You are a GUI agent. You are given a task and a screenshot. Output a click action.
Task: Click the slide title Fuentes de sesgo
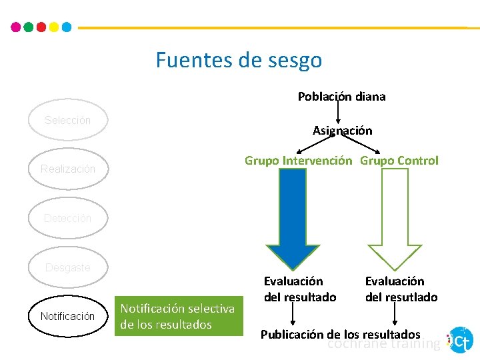(x=239, y=60)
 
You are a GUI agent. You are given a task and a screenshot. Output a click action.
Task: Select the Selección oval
(x=67, y=121)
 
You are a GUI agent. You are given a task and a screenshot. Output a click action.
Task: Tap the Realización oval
(x=67, y=169)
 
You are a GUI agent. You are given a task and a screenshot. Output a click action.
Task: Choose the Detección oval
(x=67, y=219)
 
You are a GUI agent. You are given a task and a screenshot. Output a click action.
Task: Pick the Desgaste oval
(x=67, y=267)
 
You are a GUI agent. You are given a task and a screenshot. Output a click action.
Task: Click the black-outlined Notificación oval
(x=67, y=316)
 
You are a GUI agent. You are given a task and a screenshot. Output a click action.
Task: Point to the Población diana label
(x=341, y=97)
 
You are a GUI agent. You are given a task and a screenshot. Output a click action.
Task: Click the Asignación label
(x=342, y=131)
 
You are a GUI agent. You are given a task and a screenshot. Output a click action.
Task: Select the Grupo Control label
(x=399, y=161)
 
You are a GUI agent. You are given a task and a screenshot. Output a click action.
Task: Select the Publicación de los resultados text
(x=340, y=334)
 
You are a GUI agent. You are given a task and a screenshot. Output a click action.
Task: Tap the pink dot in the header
(x=16, y=27)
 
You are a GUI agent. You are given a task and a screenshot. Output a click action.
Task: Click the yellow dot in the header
(x=53, y=27)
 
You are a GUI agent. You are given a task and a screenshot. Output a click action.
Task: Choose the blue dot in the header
(x=66, y=27)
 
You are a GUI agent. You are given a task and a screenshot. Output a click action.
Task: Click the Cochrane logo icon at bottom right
(x=459, y=340)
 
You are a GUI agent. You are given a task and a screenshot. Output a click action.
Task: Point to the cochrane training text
(x=383, y=344)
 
